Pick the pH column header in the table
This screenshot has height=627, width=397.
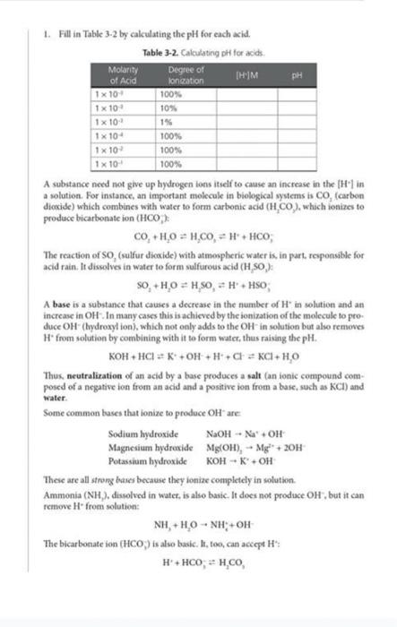[x=294, y=71]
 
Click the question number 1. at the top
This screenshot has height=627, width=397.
[x=45, y=35]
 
